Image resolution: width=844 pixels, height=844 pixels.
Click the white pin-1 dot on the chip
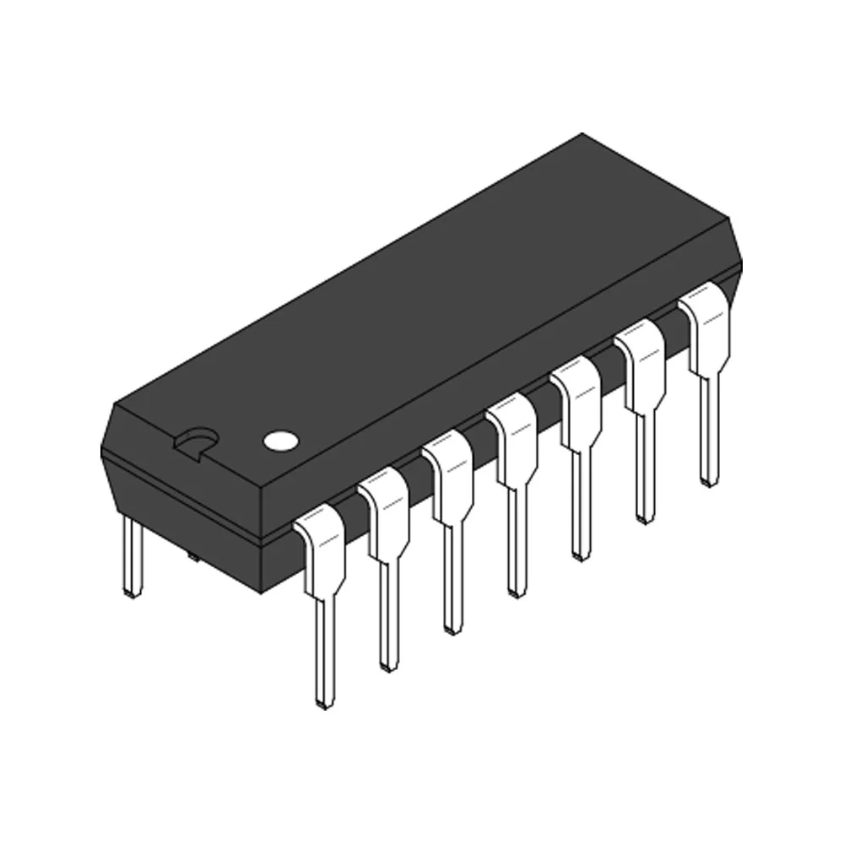tap(280, 440)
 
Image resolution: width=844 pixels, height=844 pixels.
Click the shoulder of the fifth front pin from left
tap(577, 402)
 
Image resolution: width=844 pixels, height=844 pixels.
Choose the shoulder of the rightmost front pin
tap(706, 327)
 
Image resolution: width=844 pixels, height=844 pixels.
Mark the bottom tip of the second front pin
tap(387, 665)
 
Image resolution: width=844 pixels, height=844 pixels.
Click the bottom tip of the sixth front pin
tap(645, 517)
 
